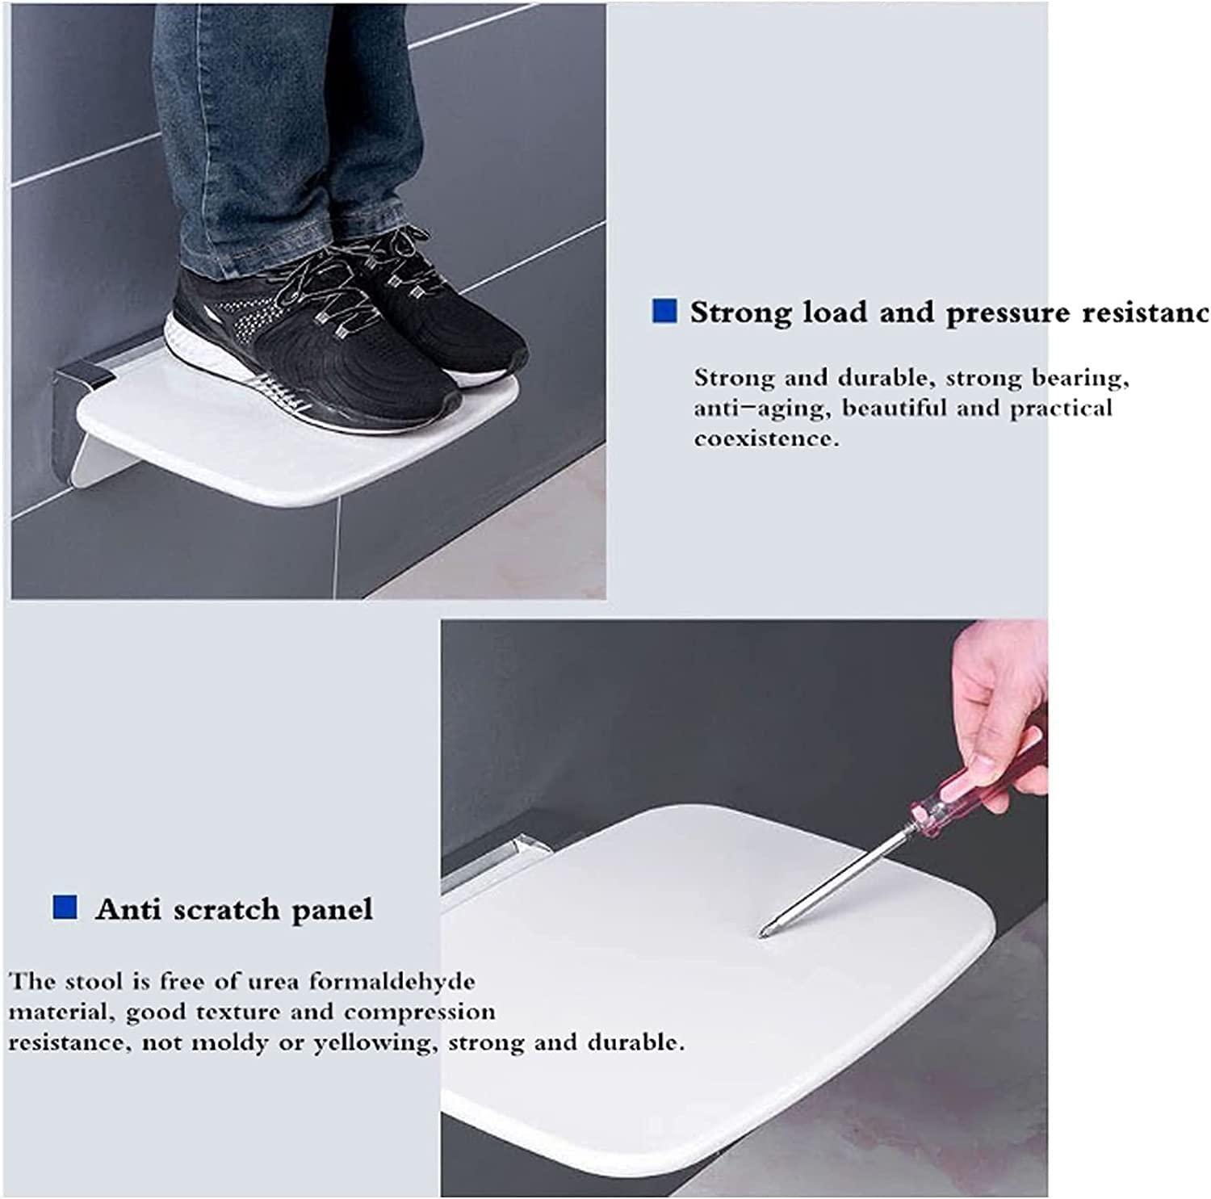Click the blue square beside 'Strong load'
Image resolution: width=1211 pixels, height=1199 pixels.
664,312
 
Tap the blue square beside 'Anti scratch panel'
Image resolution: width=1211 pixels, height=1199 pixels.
65,908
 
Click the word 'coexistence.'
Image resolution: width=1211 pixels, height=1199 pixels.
766,439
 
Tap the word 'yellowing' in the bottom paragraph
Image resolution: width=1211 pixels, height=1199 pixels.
375,1042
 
